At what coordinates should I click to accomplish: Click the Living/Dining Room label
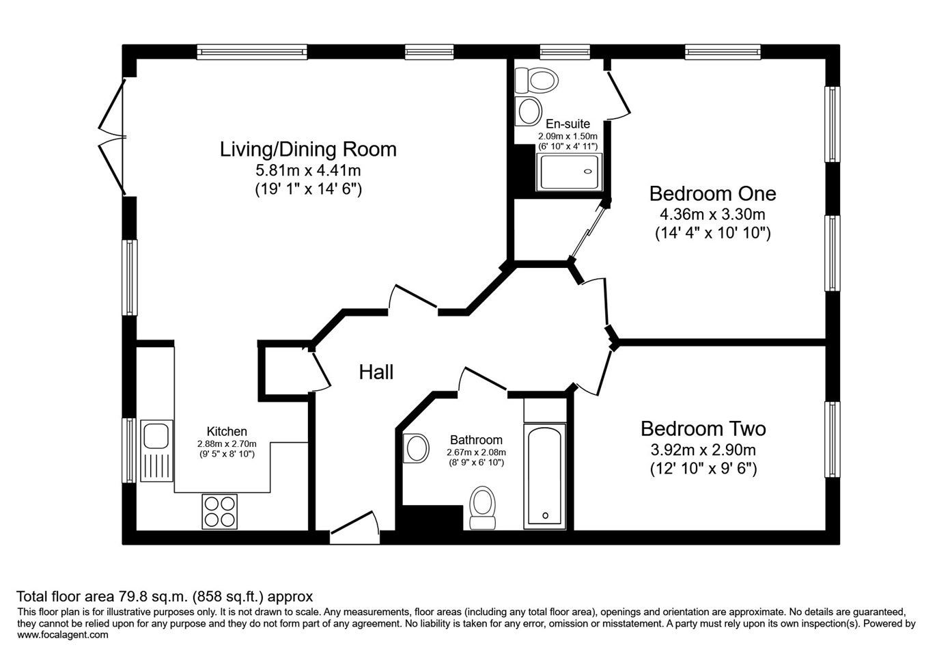[308, 150]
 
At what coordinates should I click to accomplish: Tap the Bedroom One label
[713, 193]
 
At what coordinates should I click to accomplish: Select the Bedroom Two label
[703, 428]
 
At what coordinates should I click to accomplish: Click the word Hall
[376, 372]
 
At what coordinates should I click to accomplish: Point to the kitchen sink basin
[156, 436]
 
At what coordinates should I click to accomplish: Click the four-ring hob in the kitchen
[220, 511]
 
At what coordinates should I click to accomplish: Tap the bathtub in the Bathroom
[544, 476]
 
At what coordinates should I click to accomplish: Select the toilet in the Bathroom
[483, 508]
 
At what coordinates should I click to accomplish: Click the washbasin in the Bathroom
[416, 448]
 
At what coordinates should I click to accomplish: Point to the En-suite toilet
[536, 81]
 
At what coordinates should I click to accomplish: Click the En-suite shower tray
[570, 172]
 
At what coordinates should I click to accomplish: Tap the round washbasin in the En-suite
[529, 111]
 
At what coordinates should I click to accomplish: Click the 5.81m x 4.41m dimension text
[308, 170]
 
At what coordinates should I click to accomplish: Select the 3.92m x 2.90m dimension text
[703, 450]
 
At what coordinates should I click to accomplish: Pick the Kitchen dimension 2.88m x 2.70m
[227, 443]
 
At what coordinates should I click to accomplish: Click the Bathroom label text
[476, 440]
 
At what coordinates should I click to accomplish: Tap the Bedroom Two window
[832, 439]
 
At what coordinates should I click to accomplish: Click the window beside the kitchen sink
[129, 450]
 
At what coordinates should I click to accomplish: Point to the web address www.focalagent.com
[63, 635]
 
